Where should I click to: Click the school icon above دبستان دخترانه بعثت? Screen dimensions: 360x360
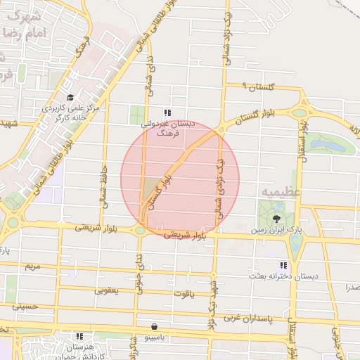[x=283, y=265]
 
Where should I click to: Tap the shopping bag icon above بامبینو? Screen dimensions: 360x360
[x=154, y=326]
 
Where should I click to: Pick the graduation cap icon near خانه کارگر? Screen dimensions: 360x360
[x=69, y=97]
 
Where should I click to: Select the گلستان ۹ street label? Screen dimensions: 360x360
[x=255, y=86]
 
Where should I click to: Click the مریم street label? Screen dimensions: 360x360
[x=32, y=266]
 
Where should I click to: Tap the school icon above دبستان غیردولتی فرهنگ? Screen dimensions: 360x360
[x=167, y=112]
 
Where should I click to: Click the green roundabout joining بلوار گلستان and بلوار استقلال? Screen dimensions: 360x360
[x=300, y=112]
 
